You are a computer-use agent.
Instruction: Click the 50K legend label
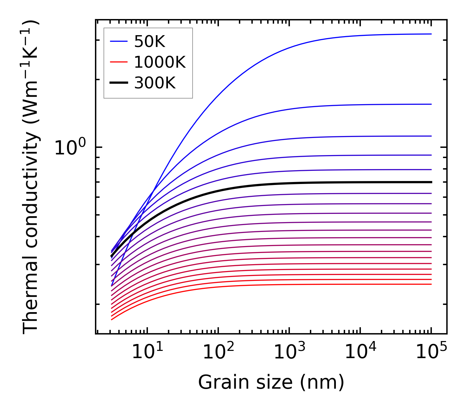pos(150,42)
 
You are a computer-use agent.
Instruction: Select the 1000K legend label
pos(160,62)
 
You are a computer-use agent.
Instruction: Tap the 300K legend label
pos(155,83)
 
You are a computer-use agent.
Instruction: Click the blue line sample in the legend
pos(119,41)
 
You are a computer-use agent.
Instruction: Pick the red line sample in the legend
pos(119,62)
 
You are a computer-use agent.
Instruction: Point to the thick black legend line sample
pos(119,83)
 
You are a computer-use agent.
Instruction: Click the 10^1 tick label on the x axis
pos(148,352)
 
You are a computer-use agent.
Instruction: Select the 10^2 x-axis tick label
pos(219,352)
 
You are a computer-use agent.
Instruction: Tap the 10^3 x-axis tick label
pos(290,352)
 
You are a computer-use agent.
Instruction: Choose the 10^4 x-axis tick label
pos(361,352)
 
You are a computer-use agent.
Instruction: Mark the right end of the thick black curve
pos(431,182)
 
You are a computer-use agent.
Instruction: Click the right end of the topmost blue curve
pos(431,34)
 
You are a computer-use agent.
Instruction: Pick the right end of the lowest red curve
pos(431,284)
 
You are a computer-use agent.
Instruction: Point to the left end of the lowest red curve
pos(112,319)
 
